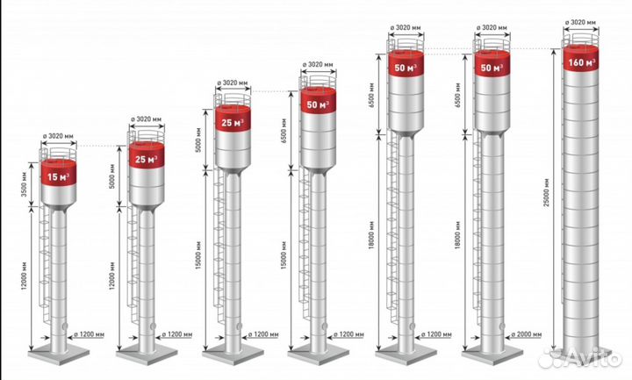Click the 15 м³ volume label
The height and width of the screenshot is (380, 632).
59,176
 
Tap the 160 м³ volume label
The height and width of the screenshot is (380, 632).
582,62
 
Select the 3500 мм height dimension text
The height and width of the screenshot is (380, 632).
24,184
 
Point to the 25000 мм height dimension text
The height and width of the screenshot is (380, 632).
546,192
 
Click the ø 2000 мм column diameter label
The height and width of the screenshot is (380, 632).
527,334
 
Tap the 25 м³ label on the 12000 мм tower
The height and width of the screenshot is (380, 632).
147,159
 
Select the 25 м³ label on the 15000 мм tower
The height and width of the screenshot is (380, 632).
233,123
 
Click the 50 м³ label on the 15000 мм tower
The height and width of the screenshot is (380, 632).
318,104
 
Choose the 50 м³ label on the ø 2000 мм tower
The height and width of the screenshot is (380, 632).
492,68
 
